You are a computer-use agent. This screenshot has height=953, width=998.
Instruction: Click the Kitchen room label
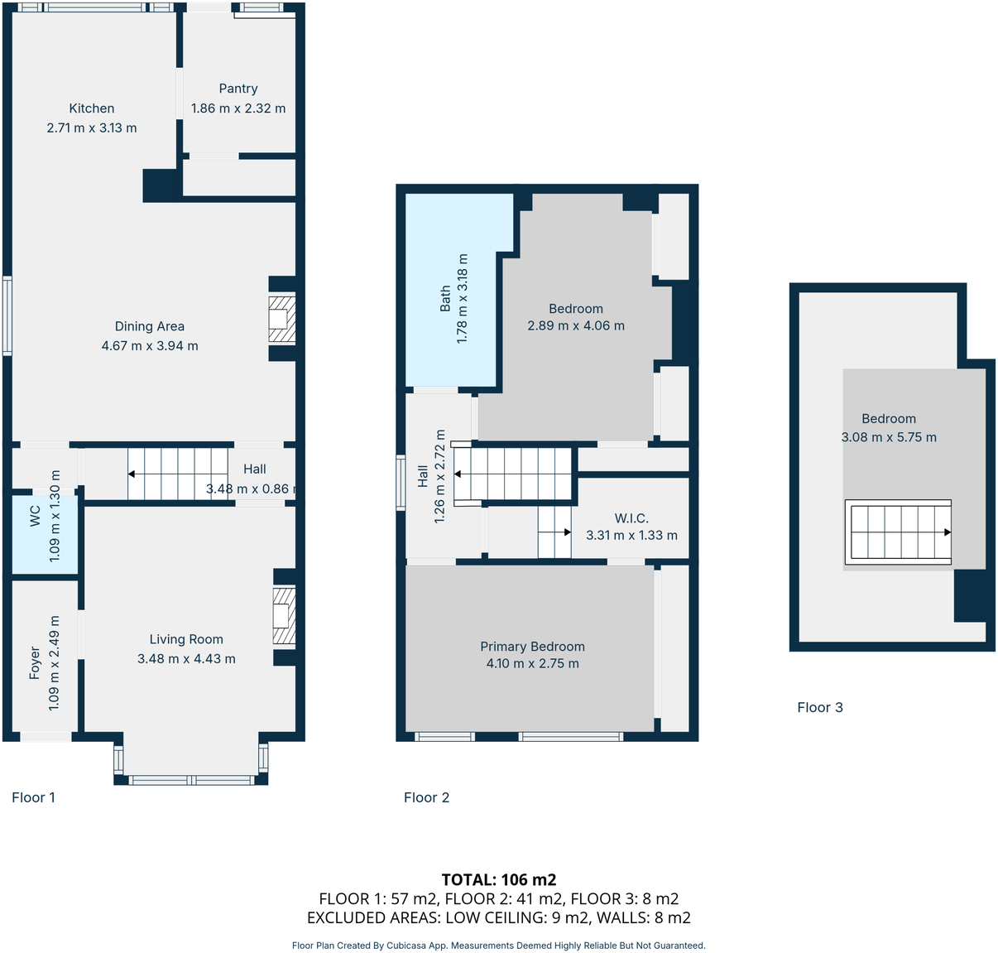(92, 108)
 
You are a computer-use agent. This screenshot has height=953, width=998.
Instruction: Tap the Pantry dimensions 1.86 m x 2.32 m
(238, 108)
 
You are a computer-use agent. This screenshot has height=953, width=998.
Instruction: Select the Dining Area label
(150, 326)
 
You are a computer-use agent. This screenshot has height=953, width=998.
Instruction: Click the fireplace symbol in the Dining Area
(281, 319)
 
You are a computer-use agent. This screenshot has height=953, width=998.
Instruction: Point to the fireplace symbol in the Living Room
(284, 616)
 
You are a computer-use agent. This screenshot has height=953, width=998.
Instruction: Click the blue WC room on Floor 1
(45, 534)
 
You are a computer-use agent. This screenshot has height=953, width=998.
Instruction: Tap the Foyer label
(35, 663)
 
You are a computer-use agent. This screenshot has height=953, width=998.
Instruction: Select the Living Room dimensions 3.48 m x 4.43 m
(186, 659)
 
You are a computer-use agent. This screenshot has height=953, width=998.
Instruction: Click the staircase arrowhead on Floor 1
(132, 474)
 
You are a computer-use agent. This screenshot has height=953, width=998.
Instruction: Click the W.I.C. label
(631, 518)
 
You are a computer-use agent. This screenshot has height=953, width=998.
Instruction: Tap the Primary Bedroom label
(532, 647)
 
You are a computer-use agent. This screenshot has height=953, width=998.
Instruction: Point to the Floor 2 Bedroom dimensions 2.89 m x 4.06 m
(576, 326)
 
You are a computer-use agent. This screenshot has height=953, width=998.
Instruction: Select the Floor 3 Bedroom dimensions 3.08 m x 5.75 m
(889, 437)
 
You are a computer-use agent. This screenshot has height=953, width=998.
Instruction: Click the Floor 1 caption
(34, 797)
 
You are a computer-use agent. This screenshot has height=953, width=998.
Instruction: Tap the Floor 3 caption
(820, 707)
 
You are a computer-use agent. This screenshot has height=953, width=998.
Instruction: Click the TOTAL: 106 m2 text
(499, 879)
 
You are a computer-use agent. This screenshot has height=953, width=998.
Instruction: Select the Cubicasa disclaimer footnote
(499, 946)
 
